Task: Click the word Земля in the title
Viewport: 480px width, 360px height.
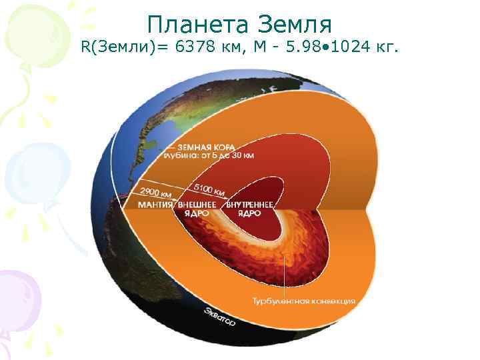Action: pos(294,25)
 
